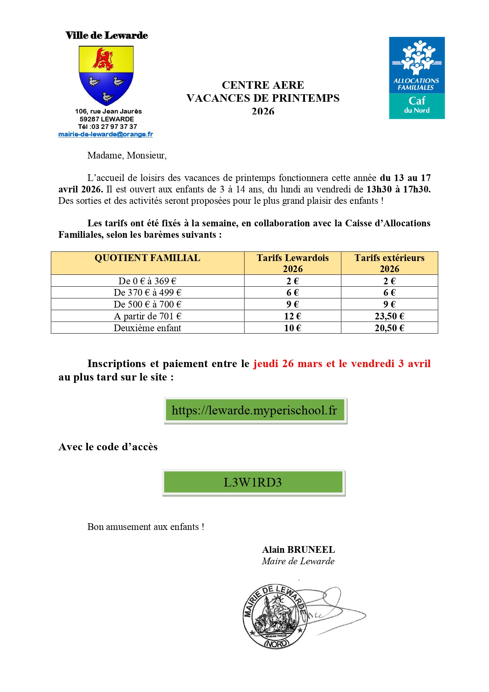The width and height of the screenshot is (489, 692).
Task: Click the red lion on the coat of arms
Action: pyautogui.click(x=103, y=59)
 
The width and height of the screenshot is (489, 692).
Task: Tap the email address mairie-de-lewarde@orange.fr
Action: pyautogui.click(x=106, y=134)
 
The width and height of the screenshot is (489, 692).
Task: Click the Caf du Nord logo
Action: pyautogui.click(x=416, y=78)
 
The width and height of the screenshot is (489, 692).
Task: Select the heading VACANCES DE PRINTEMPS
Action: pyautogui.click(x=263, y=98)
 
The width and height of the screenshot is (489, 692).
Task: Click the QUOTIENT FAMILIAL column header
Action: pyautogui.click(x=147, y=258)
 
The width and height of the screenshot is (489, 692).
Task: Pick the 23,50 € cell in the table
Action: pyautogui.click(x=389, y=316)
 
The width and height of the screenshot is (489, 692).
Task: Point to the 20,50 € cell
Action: pyautogui.click(x=389, y=328)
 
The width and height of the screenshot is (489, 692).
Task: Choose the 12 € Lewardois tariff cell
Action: pyautogui.click(x=292, y=316)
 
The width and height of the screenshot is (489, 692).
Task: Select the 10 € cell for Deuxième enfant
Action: pyautogui.click(x=292, y=328)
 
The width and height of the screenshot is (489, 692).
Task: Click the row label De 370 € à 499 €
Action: pyautogui.click(x=147, y=293)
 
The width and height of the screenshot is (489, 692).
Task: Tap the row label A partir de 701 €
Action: pyautogui.click(x=147, y=316)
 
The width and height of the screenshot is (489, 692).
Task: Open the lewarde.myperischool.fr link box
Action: pyautogui.click(x=255, y=410)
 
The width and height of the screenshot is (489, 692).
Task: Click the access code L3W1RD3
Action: pyautogui.click(x=253, y=482)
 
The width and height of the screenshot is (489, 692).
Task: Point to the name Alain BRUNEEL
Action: pyautogui.click(x=298, y=550)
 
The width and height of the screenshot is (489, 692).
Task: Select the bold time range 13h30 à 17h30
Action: pyautogui.click(x=398, y=189)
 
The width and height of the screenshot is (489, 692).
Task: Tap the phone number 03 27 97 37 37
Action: pyautogui.click(x=114, y=127)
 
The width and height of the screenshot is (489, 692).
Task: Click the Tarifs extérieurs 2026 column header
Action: pyautogui.click(x=389, y=263)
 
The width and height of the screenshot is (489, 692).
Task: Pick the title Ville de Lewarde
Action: pyautogui.click(x=107, y=35)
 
